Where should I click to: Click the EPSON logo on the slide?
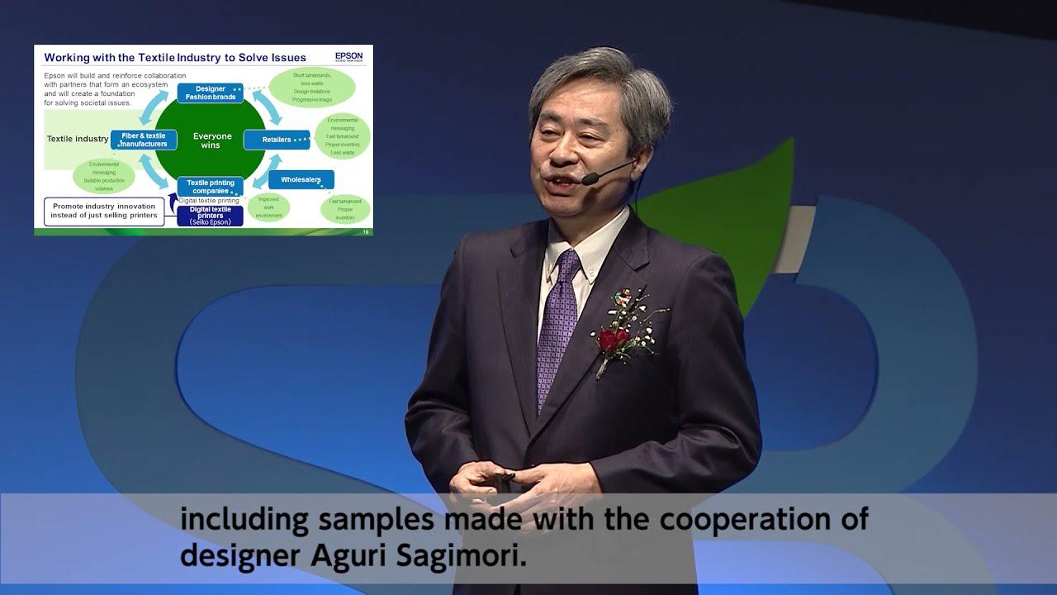348,57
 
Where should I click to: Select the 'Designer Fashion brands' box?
210,93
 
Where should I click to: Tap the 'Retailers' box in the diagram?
277,140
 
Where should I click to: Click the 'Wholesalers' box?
301,179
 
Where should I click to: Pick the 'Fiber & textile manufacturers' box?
144,140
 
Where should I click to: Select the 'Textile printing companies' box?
210,187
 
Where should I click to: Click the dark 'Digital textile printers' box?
210,215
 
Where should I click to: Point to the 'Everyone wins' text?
211,140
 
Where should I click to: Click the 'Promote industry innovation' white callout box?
103,211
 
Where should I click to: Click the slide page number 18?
366,232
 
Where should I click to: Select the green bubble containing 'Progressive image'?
312,88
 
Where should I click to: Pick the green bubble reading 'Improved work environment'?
268,207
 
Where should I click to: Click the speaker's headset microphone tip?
587,179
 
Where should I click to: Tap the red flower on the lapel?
613,339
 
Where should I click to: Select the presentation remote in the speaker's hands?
502,478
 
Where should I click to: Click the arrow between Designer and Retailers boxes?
266,107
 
